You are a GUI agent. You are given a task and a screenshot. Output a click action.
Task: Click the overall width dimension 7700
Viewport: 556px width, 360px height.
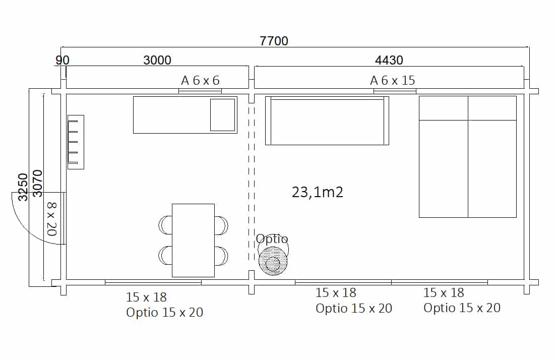274,41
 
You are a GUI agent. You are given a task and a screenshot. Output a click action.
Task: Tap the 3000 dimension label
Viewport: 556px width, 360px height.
157,61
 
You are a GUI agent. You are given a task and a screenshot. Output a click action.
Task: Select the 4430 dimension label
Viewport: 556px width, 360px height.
389,61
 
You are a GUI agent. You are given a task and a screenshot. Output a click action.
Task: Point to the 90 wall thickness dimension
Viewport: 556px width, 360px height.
63,61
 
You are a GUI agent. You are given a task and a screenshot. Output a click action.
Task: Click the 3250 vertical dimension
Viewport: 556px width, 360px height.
23,187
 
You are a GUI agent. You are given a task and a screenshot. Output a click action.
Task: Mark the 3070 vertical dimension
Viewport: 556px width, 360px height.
37,184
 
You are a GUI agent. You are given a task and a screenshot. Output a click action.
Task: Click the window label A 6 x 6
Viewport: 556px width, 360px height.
200,81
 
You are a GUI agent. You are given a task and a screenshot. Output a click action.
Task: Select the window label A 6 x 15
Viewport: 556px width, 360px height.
392,81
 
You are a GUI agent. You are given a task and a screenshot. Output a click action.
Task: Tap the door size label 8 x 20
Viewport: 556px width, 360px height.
52,219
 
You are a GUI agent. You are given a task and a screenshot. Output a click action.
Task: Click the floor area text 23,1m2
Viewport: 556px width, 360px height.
318,192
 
